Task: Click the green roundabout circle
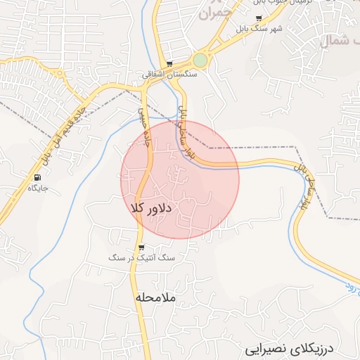pyautogui.click(x=201, y=60)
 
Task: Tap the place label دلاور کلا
pyautogui.click(x=152, y=208)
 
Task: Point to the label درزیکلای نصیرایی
pyautogui.click(x=292, y=349)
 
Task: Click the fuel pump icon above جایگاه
pyautogui.click(x=37, y=177)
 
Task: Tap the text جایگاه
pyautogui.click(x=37, y=188)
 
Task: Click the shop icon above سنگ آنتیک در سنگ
pyautogui.click(x=141, y=247)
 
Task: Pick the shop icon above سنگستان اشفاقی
pyautogui.click(x=169, y=63)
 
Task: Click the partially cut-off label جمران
pyautogui.click(x=214, y=12)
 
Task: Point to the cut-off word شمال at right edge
pyautogui.click(x=340, y=41)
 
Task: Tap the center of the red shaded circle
pyautogui.click(x=180, y=180)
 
